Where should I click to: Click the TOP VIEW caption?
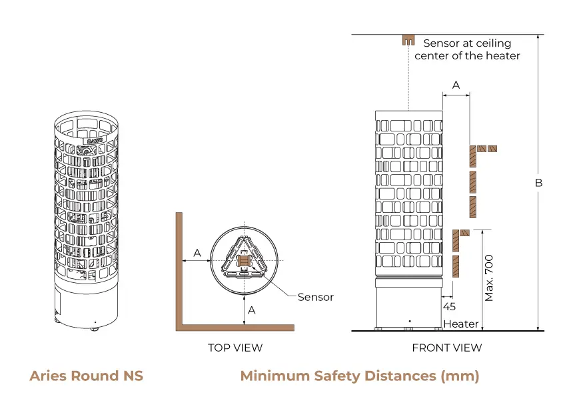tap(235, 348)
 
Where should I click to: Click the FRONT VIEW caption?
tap(446, 348)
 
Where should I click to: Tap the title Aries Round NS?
tap(86, 376)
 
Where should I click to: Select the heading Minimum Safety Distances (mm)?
tap(359, 376)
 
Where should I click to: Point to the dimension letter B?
tap(539, 183)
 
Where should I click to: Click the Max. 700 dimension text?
tap(490, 278)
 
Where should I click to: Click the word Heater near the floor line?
tap(461, 324)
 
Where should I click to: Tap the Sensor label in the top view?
tap(315, 297)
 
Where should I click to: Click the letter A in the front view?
tap(456, 85)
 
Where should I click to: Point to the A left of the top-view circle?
tap(197, 252)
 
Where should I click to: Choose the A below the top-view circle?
tap(252, 310)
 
